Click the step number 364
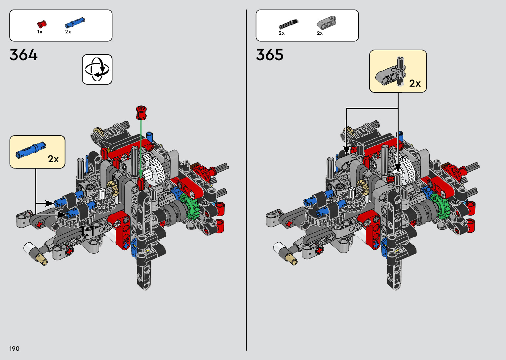(x=23, y=55)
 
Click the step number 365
(x=269, y=55)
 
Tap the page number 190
(x=14, y=348)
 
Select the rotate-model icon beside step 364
(x=97, y=69)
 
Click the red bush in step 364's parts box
(x=42, y=24)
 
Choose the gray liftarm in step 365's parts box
(x=327, y=22)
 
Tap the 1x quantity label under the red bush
(x=40, y=32)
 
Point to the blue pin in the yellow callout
(x=30, y=150)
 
